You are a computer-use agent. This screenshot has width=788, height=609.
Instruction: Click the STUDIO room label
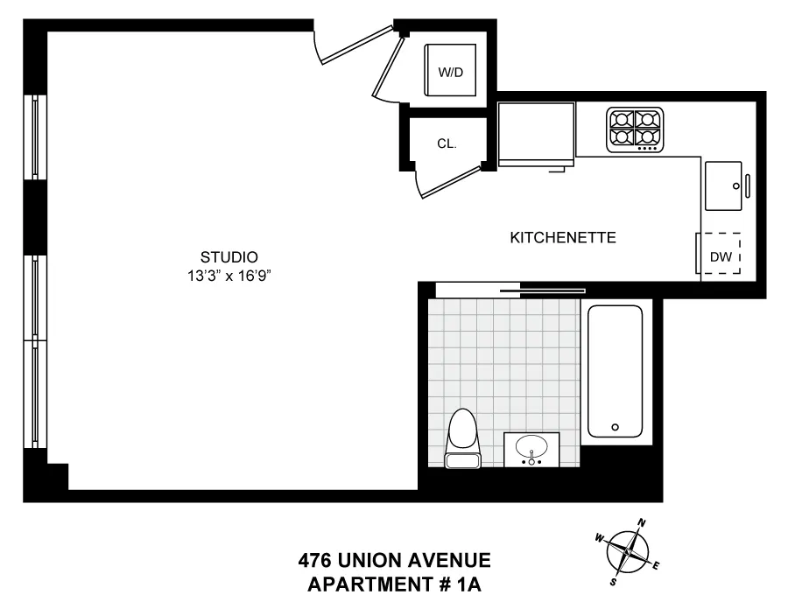(x=229, y=257)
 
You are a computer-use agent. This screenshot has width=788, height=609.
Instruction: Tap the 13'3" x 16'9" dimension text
(x=229, y=274)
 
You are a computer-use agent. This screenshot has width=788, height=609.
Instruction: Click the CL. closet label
(x=447, y=143)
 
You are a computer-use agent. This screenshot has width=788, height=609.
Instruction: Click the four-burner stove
(x=635, y=128)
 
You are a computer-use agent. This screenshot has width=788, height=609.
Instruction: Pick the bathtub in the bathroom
(x=615, y=370)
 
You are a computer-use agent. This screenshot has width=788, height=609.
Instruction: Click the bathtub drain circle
(x=616, y=428)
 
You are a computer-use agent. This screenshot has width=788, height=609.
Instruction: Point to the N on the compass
(x=642, y=523)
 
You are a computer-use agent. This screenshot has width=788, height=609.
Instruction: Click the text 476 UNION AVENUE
(x=394, y=560)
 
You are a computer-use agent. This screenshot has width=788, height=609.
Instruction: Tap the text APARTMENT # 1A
(x=394, y=583)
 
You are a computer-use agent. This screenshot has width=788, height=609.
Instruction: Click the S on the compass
(x=613, y=580)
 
